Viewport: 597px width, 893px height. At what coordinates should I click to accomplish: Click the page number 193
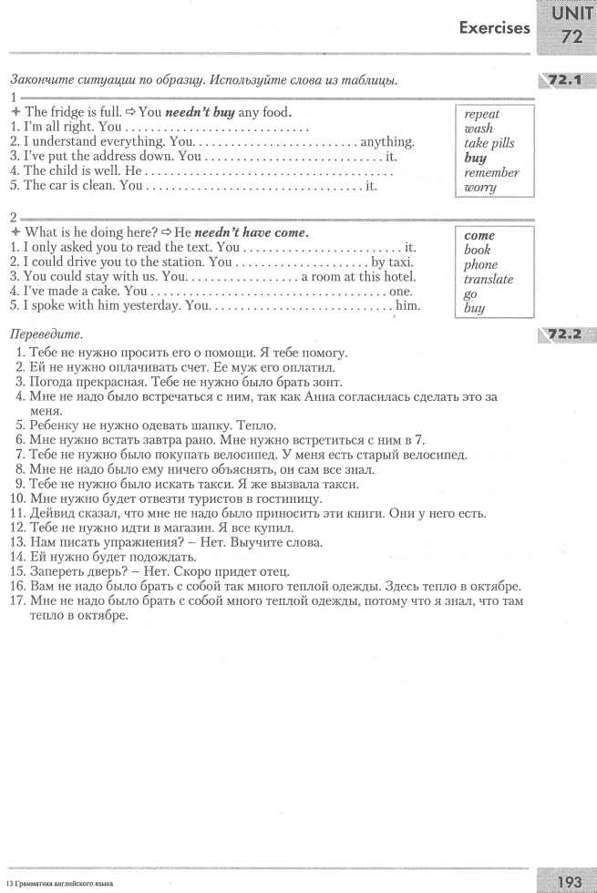(x=569, y=880)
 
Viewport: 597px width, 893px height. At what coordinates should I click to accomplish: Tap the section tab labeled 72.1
(x=566, y=80)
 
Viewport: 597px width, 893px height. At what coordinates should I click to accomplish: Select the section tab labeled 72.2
(x=566, y=334)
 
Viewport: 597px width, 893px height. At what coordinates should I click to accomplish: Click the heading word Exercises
(x=494, y=27)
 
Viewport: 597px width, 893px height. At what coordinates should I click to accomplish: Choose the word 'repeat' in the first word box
(x=482, y=115)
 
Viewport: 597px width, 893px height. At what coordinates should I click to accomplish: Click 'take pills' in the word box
(x=489, y=144)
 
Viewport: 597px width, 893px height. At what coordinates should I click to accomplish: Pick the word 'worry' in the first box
(x=480, y=188)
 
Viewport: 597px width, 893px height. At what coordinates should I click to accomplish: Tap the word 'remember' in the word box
(x=491, y=173)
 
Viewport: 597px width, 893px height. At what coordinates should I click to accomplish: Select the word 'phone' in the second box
(x=481, y=264)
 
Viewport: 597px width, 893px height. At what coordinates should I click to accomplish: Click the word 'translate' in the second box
(x=489, y=279)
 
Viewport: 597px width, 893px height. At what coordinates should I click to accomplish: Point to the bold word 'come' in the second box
(x=479, y=235)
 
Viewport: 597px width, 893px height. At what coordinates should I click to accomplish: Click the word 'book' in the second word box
(x=477, y=250)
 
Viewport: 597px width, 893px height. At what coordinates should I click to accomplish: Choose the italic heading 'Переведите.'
(x=43, y=335)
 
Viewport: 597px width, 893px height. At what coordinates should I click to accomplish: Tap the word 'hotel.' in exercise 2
(x=397, y=277)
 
